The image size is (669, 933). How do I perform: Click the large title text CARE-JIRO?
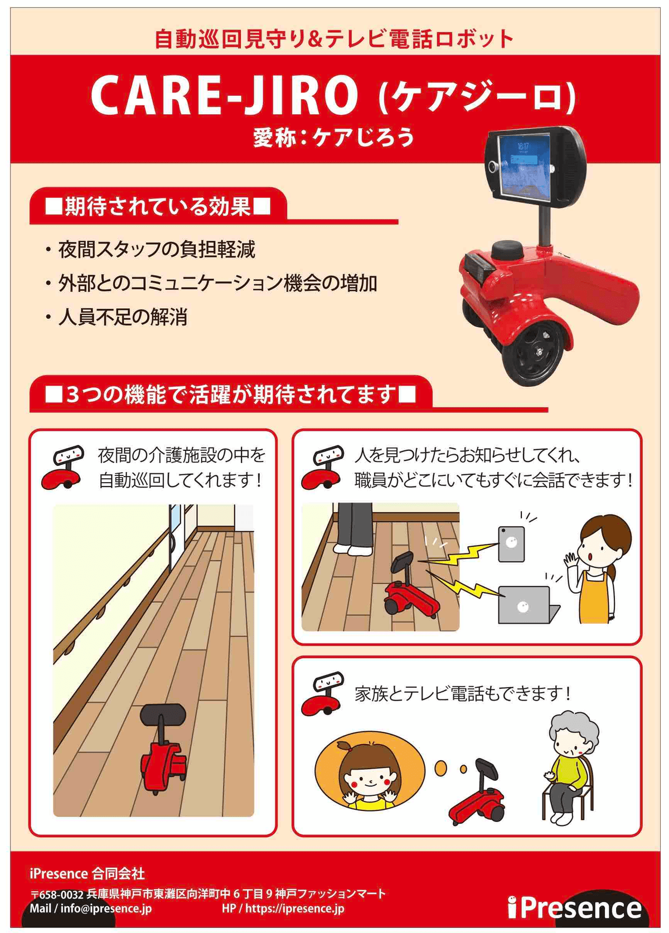224,95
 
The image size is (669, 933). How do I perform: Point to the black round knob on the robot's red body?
507,250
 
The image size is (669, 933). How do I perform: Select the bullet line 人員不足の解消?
122,317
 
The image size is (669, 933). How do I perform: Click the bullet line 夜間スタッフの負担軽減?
156,250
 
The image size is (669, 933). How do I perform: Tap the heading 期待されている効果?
158,206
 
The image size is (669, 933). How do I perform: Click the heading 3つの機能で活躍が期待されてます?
230,394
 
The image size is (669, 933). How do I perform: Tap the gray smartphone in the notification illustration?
511,543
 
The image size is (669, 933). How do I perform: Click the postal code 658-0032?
62,894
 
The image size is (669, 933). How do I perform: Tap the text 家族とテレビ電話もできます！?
462,693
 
